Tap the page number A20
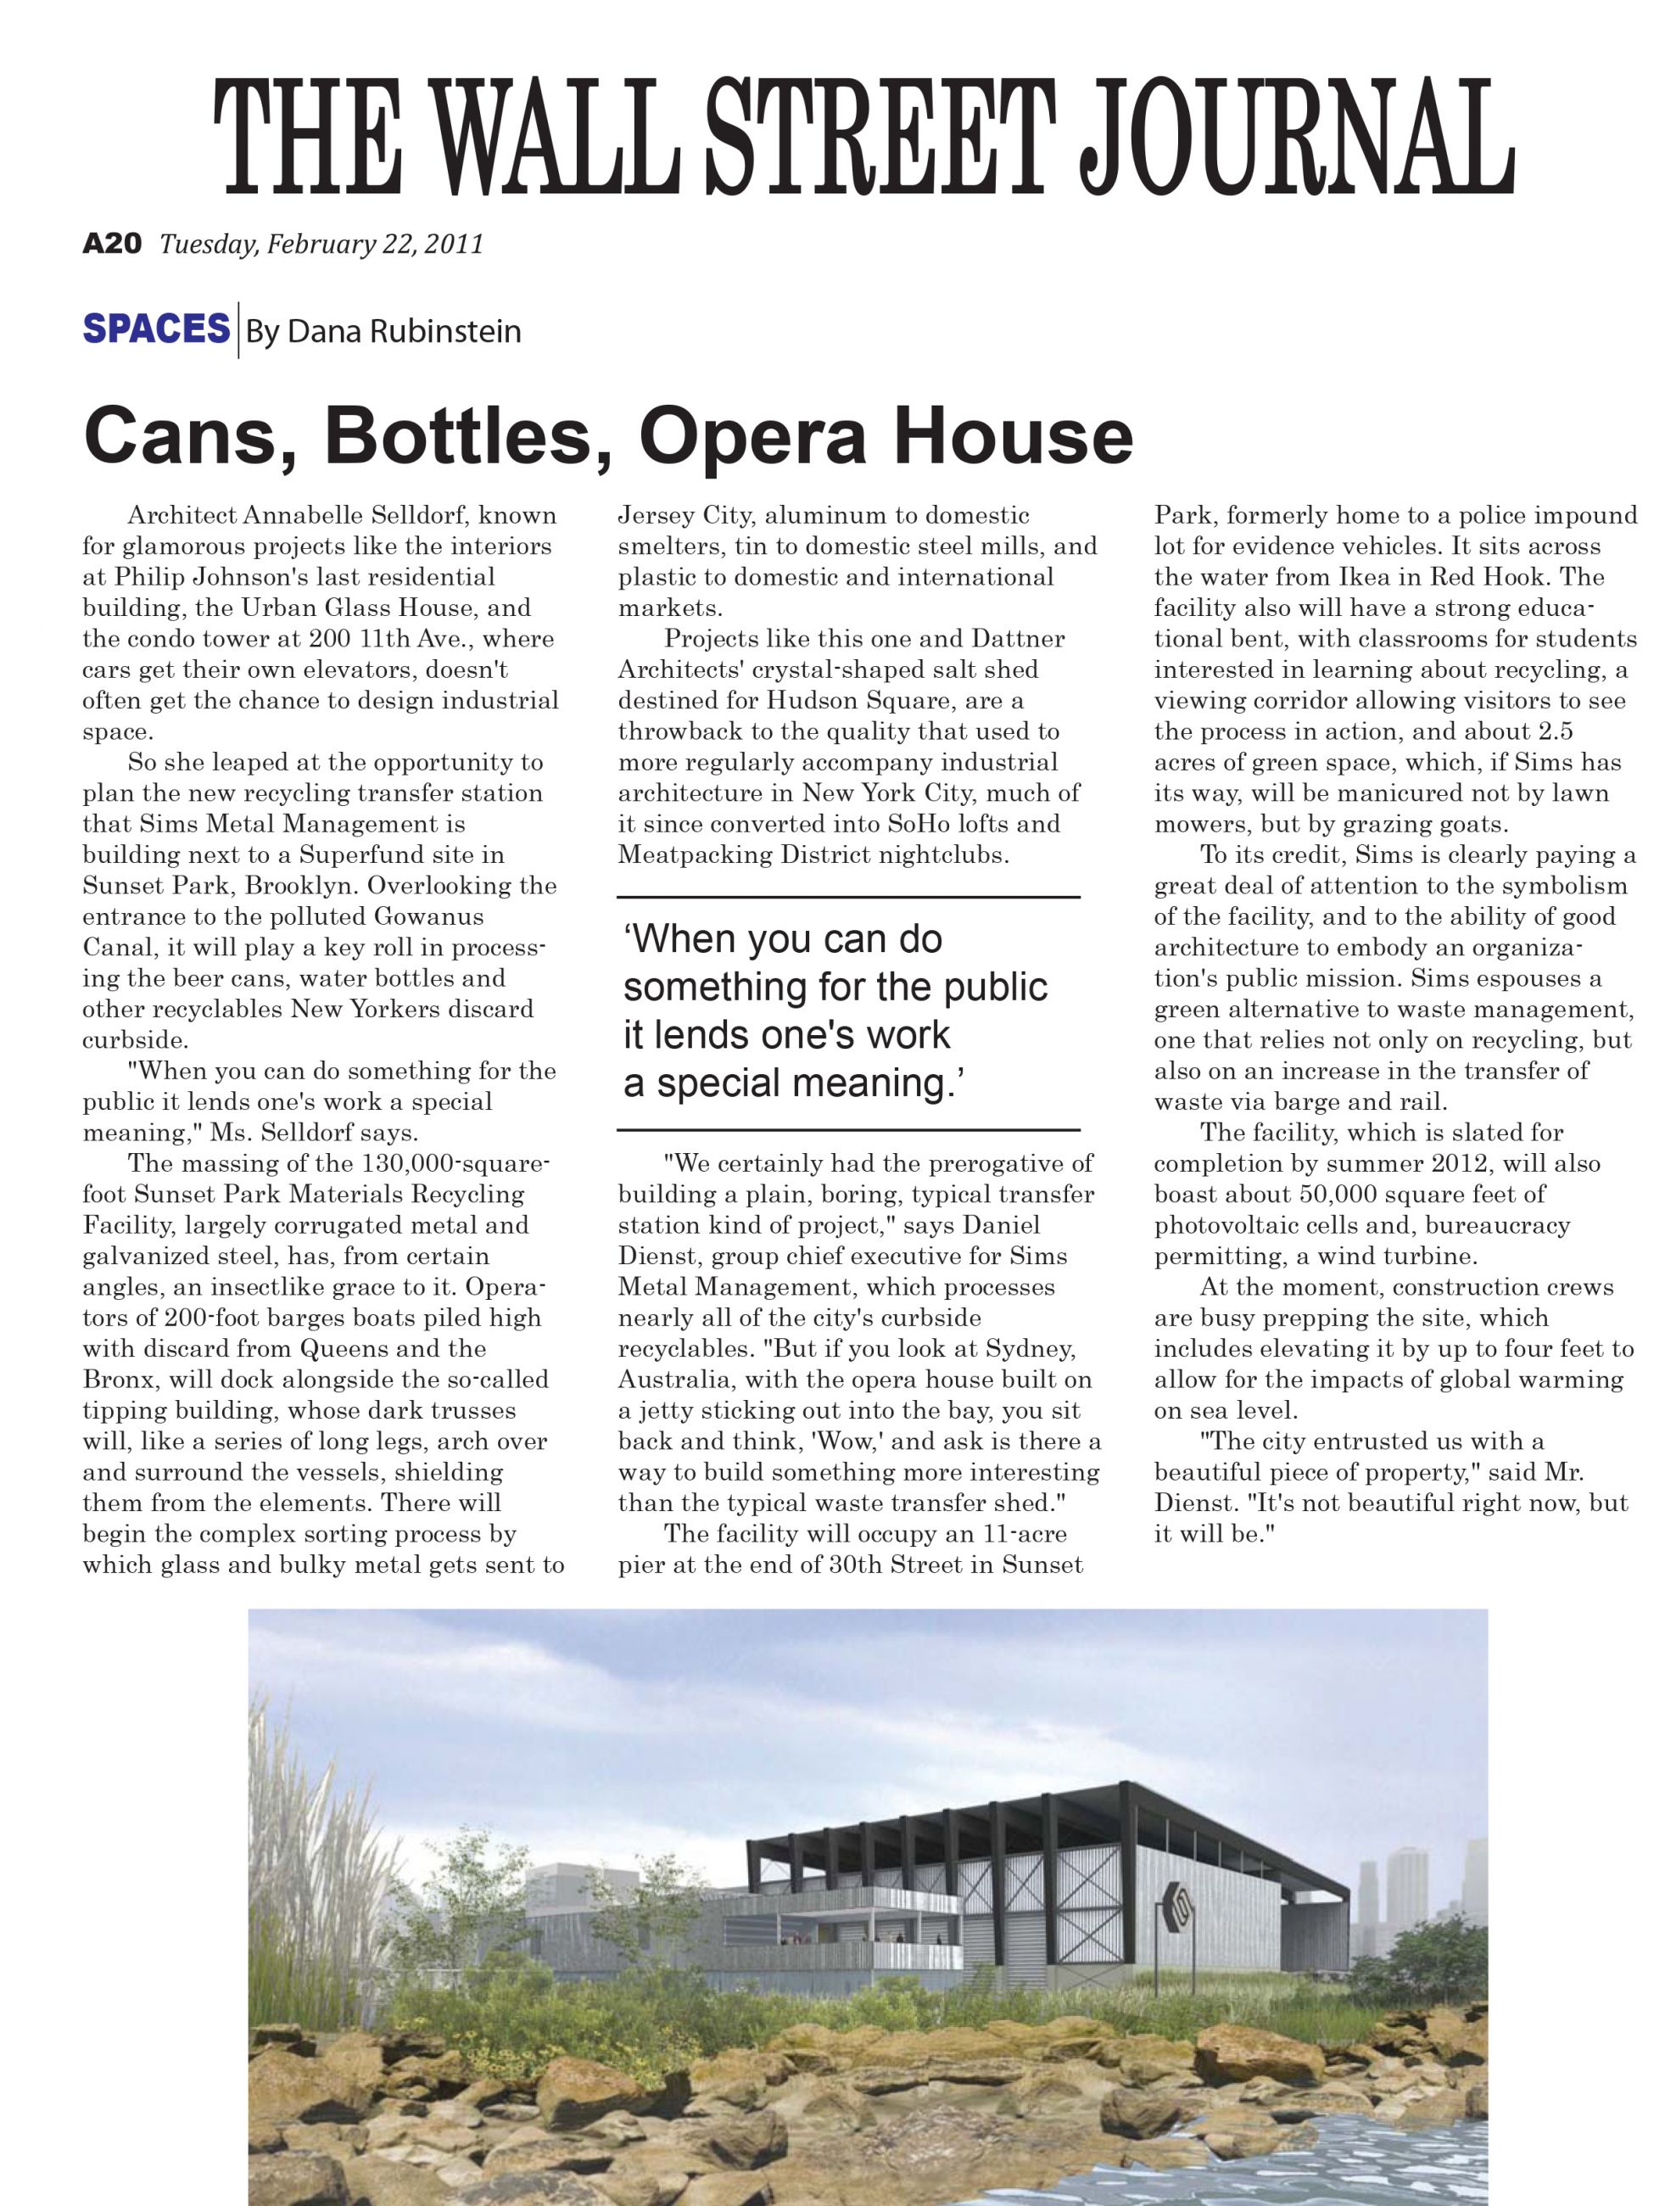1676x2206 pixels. [x=112, y=244]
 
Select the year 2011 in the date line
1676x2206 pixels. [x=454, y=244]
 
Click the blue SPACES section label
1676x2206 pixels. [x=155, y=329]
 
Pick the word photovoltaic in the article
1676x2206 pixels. [x=1228, y=1225]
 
